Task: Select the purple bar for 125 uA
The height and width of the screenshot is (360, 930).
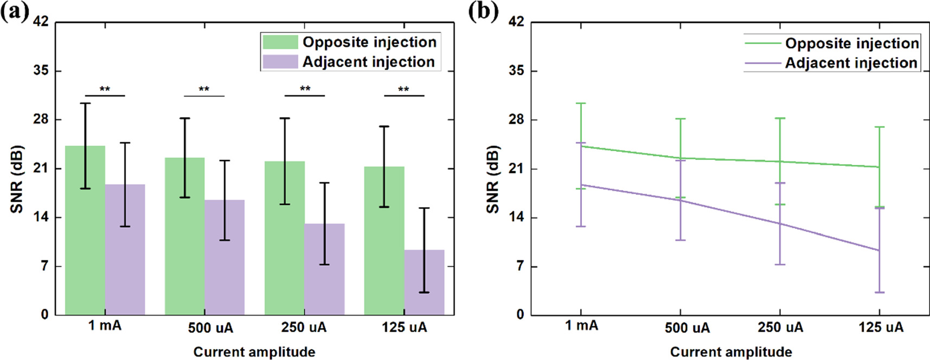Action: [424, 282]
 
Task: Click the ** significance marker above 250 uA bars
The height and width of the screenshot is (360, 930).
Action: [305, 89]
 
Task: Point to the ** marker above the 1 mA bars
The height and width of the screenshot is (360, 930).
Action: [105, 89]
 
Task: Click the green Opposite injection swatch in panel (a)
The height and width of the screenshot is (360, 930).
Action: [280, 42]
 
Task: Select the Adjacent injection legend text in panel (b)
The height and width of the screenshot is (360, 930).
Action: [851, 63]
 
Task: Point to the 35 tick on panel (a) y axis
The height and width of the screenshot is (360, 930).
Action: [41, 70]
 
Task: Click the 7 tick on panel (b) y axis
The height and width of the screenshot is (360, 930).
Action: [519, 266]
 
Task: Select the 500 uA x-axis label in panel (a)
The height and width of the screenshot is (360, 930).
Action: [210, 328]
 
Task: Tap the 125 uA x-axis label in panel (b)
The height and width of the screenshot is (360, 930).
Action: [881, 327]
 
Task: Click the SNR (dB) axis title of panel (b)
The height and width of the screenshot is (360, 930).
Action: [492, 179]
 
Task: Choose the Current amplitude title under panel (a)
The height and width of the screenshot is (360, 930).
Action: [254, 352]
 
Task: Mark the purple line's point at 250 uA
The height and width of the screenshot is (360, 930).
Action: [780, 223]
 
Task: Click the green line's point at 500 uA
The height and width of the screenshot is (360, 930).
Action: [680, 158]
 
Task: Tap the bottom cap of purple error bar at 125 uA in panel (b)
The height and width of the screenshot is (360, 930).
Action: [879, 292]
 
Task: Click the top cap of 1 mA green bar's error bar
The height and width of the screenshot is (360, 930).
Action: [85, 103]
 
